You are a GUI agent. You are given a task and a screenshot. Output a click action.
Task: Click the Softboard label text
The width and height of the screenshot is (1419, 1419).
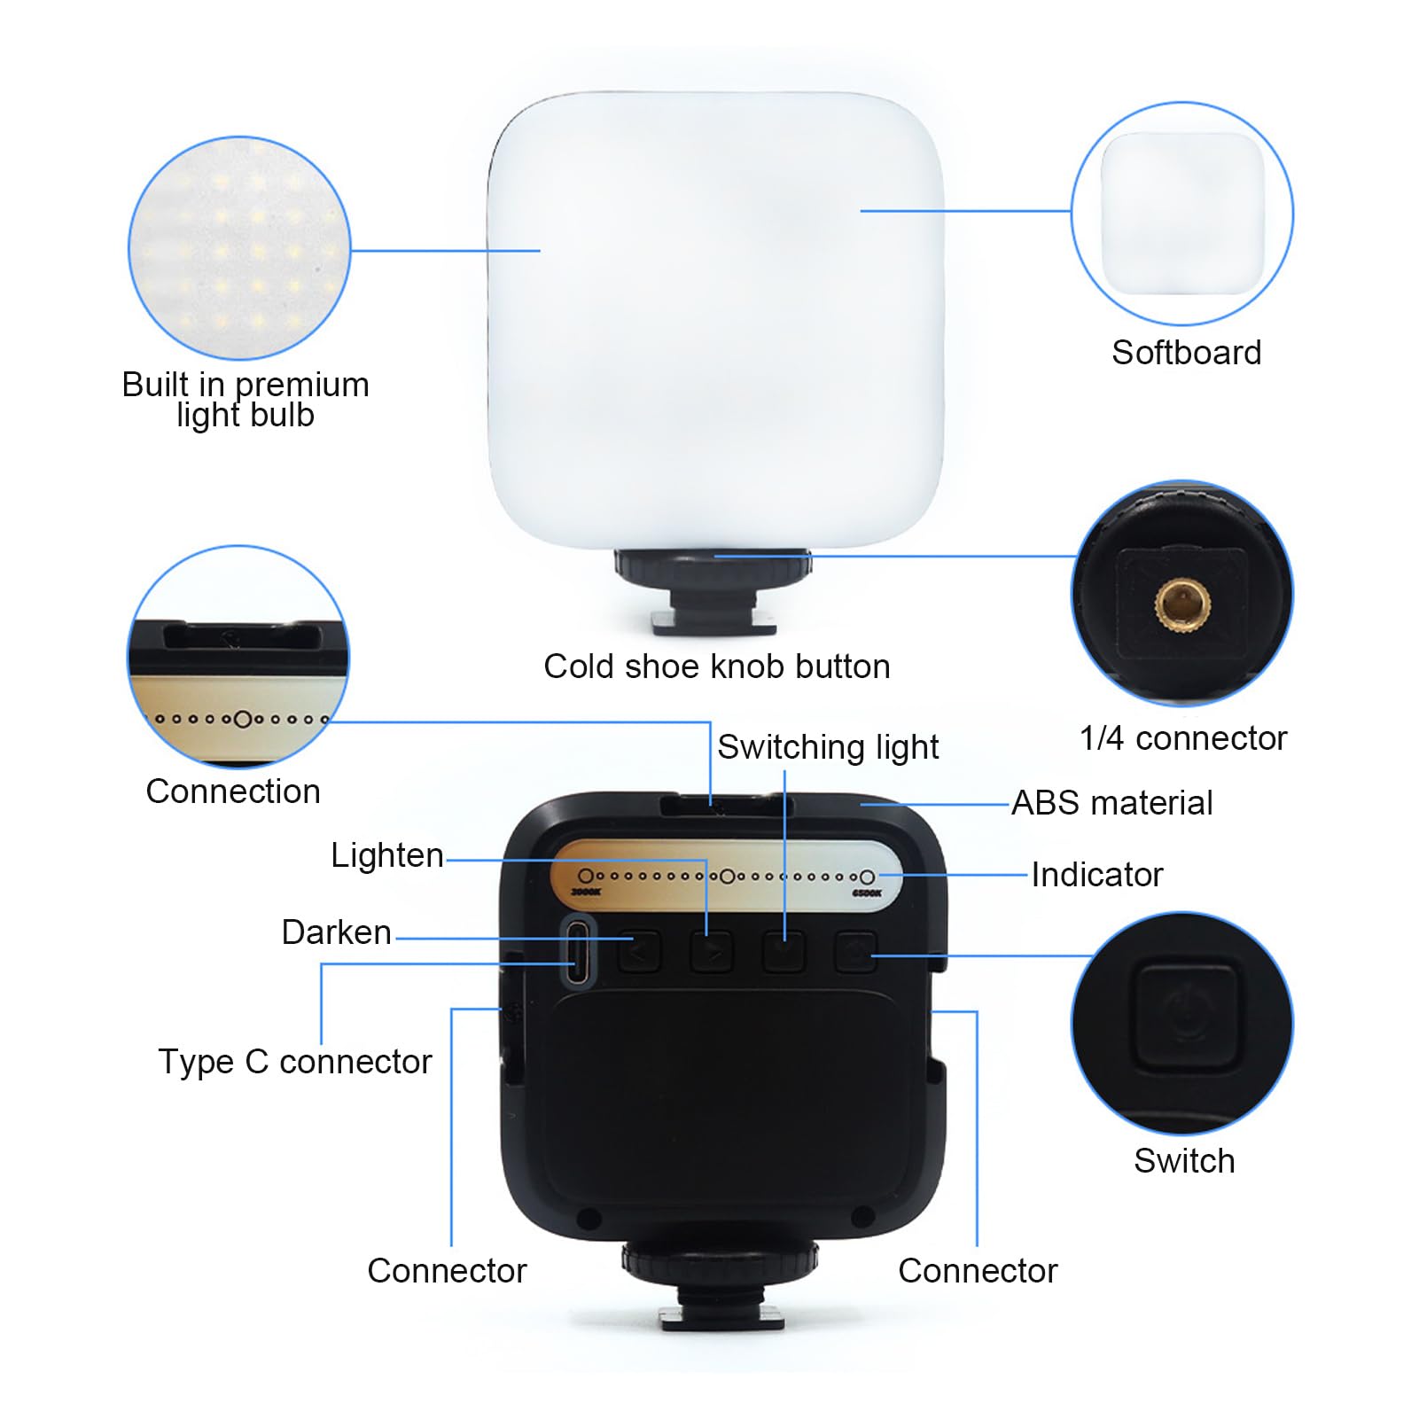[x=1186, y=353]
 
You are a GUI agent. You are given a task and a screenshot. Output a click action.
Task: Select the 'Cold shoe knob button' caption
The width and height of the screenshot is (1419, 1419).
[x=716, y=667]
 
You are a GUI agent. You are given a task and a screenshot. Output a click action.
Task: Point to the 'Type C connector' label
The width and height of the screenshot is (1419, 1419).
[x=294, y=1062]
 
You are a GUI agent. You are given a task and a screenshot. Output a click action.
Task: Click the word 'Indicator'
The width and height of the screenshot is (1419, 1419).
[x=1096, y=875]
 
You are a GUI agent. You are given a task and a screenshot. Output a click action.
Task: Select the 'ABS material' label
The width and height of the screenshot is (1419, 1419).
[x=1111, y=803]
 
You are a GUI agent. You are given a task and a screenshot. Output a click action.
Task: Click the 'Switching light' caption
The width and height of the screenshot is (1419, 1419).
[x=827, y=747]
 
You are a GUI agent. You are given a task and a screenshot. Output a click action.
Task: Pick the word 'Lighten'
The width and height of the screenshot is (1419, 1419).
[x=386, y=855]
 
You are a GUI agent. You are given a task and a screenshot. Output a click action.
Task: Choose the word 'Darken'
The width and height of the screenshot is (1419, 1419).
[x=336, y=932]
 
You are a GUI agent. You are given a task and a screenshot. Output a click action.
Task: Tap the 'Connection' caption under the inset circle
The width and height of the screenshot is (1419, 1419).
[x=233, y=791]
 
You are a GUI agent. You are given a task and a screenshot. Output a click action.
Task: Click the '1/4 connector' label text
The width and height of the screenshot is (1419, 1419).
[x=1182, y=738]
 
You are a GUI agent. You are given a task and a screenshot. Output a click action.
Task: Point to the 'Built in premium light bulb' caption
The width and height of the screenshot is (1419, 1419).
[x=246, y=400]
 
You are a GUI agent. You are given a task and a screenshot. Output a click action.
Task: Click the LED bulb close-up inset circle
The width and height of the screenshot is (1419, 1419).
[x=239, y=248]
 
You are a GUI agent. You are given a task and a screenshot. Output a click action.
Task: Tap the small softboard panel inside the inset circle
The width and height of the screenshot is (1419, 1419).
[x=1182, y=214]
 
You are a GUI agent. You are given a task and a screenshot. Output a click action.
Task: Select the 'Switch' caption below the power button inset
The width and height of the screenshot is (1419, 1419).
[x=1184, y=1161]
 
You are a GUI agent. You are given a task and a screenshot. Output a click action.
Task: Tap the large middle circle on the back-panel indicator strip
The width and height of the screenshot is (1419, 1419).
[x=727, y=877]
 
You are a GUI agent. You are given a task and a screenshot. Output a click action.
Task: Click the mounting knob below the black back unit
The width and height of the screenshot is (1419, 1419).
[x=720, y=1261]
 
